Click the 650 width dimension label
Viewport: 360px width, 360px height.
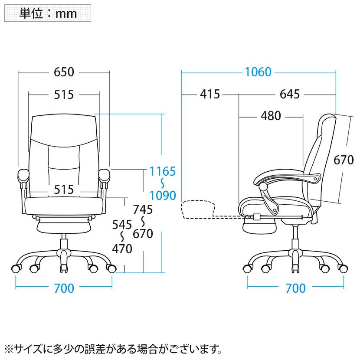(64, 72)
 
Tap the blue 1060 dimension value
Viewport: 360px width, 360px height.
(258, 72)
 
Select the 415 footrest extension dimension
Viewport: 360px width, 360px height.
(210, 94)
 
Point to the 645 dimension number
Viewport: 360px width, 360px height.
(289, 94)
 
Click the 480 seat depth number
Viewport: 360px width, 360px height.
(271, 116)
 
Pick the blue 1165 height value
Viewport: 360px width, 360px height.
(162, 171)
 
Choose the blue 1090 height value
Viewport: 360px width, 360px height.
(163, 195)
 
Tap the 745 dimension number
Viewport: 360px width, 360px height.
(143, 209)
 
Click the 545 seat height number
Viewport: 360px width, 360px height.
(122, 225)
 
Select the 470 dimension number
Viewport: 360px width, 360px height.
(122, 249)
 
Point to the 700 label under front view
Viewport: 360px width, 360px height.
(64, 288)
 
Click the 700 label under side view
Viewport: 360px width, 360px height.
(295, 288)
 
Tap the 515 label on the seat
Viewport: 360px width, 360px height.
(64, 190)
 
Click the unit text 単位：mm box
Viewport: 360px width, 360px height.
(48, 13)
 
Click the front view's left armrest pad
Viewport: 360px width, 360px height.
(23, 175)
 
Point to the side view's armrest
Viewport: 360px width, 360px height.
(287, 178)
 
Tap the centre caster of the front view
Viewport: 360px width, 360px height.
(64, 268)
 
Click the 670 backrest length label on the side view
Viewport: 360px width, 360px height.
(344, 160)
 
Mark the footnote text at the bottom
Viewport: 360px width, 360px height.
(113, 349)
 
